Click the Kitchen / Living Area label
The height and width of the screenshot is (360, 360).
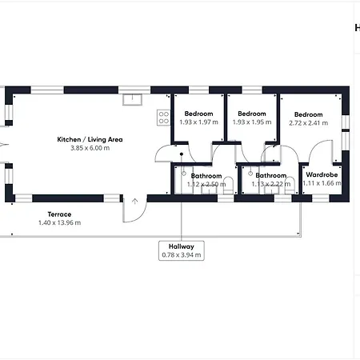[90, 139]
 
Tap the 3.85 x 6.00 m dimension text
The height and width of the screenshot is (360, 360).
[90, 148]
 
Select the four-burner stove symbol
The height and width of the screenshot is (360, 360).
[164, 118]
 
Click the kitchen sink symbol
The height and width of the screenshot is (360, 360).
[132, 99]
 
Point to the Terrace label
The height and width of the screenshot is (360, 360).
[59, 214]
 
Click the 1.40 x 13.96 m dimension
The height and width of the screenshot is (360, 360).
[59, 222]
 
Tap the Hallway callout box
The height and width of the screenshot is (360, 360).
[182, 250]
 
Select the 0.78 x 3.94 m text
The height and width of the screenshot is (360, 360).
[182, 255]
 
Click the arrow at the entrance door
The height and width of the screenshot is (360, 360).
[134, 201]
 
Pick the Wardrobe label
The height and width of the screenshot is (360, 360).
[322, 174]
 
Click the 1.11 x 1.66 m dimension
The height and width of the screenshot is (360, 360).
[322, 183]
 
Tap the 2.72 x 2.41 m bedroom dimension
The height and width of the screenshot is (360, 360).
[309, 123]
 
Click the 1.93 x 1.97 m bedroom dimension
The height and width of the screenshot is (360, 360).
[198, 122]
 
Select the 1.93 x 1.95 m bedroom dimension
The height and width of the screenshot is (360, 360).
[252, 122]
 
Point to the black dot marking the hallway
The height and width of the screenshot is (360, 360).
[182, 154]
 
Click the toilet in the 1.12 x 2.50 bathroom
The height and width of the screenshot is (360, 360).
[228, 185]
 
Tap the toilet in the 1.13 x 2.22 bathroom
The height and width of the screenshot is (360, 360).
[290, 185]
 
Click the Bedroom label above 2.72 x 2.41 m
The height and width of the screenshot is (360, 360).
[309, 114]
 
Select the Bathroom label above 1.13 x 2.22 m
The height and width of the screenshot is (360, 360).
[271, 175]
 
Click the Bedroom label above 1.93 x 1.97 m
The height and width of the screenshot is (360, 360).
[198, 114]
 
